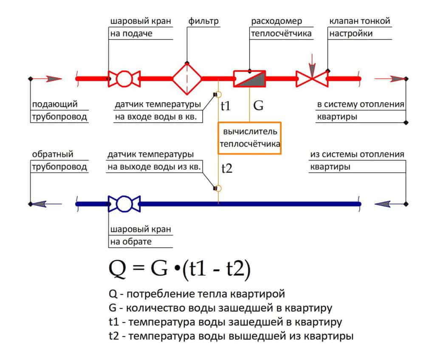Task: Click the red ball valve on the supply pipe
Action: click(124, 79)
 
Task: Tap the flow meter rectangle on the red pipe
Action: click(249, 79)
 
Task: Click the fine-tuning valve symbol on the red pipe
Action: click(312, 79)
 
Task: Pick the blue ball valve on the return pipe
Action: click(124, 204)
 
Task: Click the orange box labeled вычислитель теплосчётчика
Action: click(249, 138)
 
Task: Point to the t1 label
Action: click(226, 106)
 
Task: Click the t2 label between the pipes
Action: click(227, 169)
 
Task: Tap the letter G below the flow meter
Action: click(258, 106)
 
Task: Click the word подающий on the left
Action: click(54, 104)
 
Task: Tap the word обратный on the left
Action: click(53, 155)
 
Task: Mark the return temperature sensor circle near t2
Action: click(218, 188)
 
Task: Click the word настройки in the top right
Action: click(351, 33)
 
